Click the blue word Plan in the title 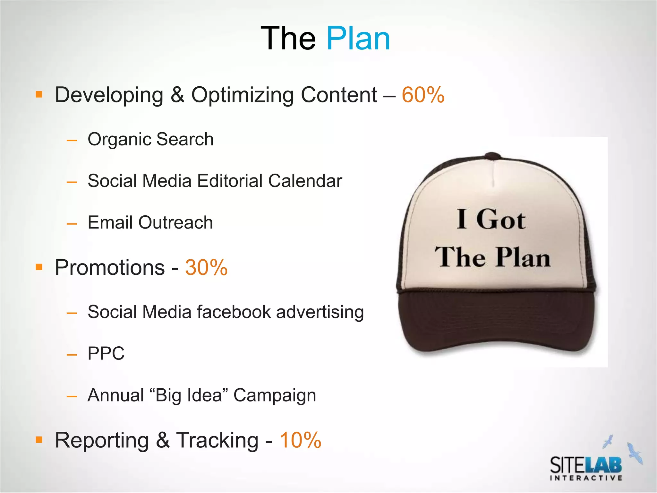(358, 39)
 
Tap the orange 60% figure (423, 95)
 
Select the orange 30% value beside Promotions (206, 267)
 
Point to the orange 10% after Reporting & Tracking (300, 440)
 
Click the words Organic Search (150, 139)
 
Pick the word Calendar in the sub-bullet (305, 181)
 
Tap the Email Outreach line (150, 222)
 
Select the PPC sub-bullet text (106, 353)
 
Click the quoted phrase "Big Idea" (188, 395)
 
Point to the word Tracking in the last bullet (217, 440)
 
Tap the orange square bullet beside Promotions (39, 267)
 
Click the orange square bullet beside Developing (39, 95)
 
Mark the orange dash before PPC (72, 354)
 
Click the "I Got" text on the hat (491, 220)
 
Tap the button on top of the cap (492, 156)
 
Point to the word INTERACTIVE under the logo (586, 478)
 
